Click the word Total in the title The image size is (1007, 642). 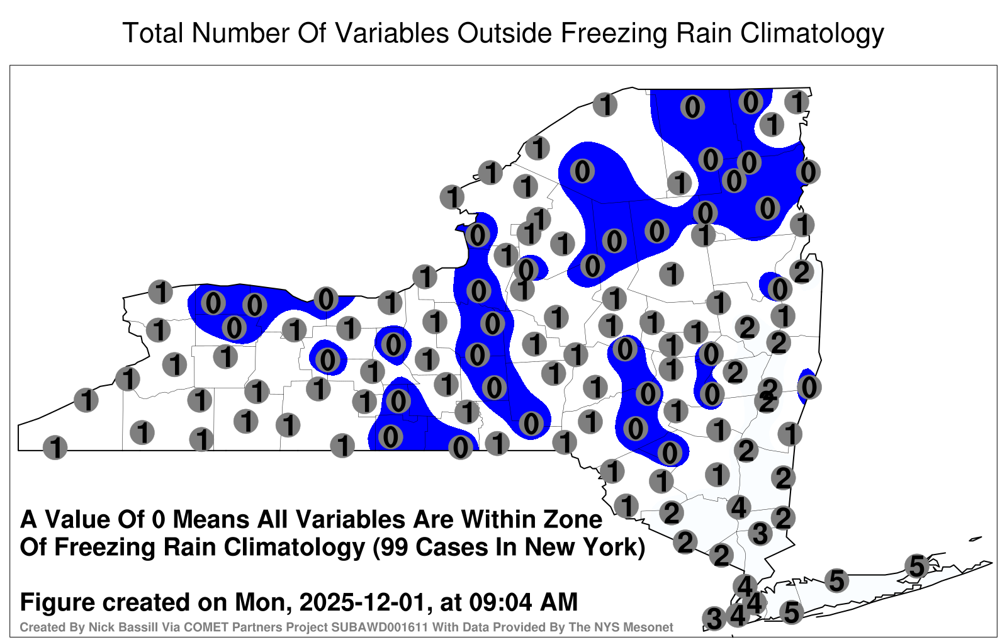(152, 33)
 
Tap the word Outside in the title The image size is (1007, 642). (504, 33)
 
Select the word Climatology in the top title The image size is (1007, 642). (813, 34)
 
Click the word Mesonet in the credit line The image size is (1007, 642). (652, 627)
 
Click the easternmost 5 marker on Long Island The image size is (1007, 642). (916, 566)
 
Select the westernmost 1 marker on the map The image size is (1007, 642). (55, 448)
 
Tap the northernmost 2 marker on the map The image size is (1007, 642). (802, 271)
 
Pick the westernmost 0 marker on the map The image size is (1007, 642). (213, 303)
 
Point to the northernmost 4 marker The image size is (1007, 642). (739, 507)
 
